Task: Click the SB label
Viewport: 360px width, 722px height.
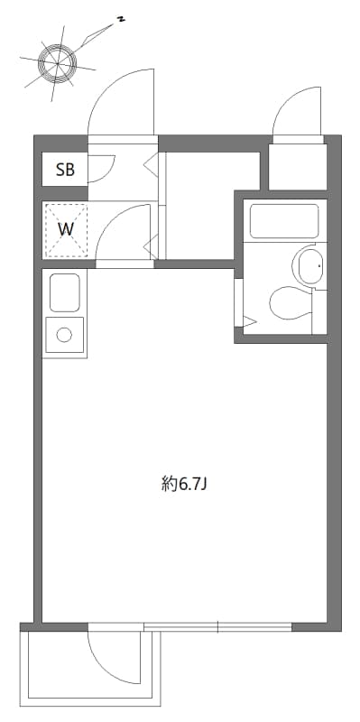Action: click(x=65, y=170)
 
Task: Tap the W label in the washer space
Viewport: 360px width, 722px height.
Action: click(x=65, y=229)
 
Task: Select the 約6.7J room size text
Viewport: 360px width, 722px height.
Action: click(x=183, y=484)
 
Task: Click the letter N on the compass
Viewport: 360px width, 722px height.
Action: click(x=121, y=19)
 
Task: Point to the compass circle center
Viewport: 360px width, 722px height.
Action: click(x=59, y=62)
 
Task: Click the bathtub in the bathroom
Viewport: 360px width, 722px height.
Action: click(x=284, y=221)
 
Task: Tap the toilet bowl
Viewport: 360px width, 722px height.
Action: click(x=291, y=303)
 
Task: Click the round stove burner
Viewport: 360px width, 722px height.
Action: click(x=64, y=335)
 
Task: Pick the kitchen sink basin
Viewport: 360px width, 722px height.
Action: click(x=64, y=292)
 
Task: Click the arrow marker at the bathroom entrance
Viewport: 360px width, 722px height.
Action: click(x=249, y=321)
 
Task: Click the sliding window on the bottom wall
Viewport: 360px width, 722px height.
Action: click(x=217, y=626)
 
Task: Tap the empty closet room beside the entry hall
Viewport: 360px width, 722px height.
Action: click(x=212, y=206)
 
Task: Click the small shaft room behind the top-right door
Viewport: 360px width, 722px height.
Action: click(x=298, y=167)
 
